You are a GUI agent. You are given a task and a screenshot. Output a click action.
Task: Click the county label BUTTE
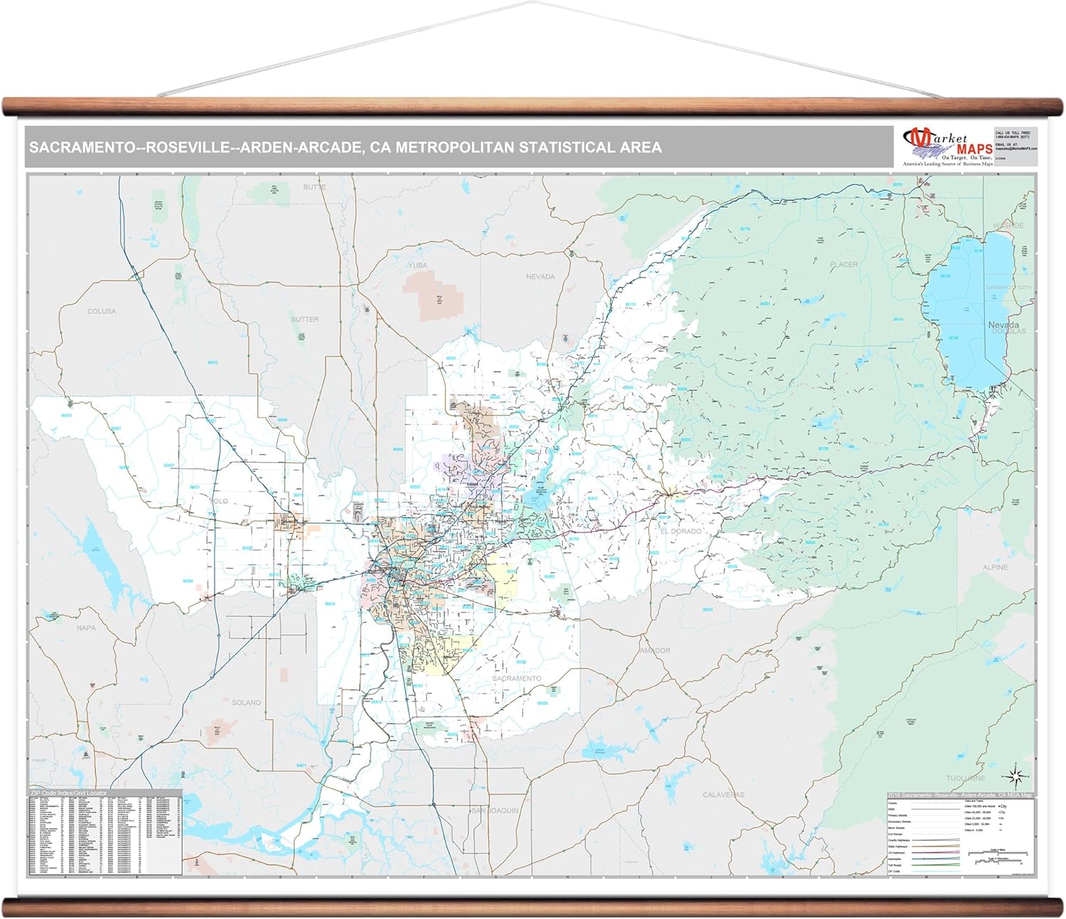315,187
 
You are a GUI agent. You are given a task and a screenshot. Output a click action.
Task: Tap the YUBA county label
418,265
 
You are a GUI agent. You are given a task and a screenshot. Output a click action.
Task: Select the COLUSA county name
102,311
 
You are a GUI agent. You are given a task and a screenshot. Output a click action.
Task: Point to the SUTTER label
305,319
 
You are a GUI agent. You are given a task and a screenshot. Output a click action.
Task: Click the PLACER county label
844,264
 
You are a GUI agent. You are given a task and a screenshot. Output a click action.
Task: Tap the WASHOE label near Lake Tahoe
1008,225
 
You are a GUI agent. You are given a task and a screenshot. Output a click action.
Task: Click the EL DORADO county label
680,531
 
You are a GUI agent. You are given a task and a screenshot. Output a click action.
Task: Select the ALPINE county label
995,567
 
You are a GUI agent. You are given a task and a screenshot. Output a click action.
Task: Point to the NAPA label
86,628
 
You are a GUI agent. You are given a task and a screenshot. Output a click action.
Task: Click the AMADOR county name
655,650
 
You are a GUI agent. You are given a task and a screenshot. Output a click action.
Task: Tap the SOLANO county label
247,702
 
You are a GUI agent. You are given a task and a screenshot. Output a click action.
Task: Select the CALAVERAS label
723,795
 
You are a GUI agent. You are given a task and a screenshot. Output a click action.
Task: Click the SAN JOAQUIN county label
495,810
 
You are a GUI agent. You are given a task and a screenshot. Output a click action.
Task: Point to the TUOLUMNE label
966,778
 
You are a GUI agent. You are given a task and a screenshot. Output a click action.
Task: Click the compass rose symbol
1016,776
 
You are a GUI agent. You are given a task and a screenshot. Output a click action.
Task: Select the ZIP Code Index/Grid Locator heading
69,793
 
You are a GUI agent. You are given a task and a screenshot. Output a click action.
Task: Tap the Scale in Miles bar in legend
998,851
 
